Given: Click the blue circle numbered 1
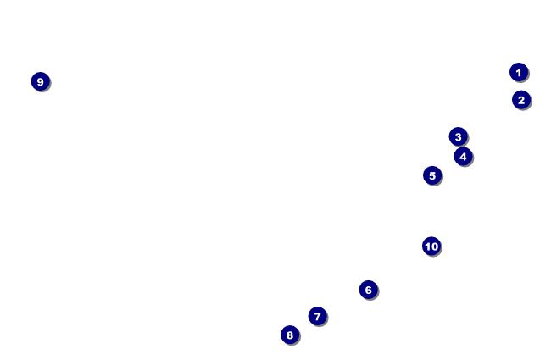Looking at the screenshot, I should [x=519, y=72].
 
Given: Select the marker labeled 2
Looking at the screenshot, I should [x=521, y=100].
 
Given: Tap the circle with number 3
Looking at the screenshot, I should [x=458, y=136].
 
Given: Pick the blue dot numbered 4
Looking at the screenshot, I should [x=463, y=156].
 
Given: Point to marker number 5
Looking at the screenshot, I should [x=432, y=175].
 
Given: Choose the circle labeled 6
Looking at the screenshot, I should [x=368, y=290].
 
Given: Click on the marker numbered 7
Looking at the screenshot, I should [x=318, y=316].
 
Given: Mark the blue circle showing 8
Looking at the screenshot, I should [x=290, y=335].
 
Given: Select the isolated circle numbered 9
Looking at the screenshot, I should [x=40, y=81].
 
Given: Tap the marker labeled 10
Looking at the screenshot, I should [x=431, y=246].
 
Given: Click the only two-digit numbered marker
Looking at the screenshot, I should [x=431, y=246].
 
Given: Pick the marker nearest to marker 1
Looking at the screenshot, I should [x=521, y=100].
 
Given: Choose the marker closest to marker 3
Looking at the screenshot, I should [x=463, y=156].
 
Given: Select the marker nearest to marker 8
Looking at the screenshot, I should [x=318, y=316].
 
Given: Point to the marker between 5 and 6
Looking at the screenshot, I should [x=431, y=246].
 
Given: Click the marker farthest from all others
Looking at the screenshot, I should [x=40, y=81].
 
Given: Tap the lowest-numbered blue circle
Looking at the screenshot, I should [x=519, y=72].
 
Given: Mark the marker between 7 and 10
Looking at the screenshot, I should [x=368, y=290].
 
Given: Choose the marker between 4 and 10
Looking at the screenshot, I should [x=432, y=175].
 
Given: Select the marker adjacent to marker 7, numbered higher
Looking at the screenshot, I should [x=290, y=335].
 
